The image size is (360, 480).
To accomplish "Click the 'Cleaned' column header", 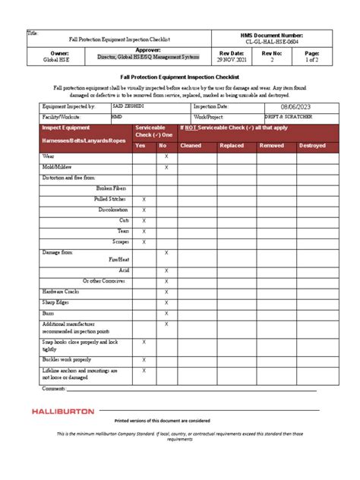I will coord(191,145).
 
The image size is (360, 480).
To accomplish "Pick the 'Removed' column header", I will coord(272,145).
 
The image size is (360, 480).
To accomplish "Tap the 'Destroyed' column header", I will coord(311,145).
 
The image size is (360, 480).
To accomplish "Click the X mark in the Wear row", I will coord(166,156).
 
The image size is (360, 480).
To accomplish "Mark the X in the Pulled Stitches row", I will coord(144,198).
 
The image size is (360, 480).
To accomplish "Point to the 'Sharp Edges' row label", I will coord(58,302).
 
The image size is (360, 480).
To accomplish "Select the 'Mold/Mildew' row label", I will coord(58,166).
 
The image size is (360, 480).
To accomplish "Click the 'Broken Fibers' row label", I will coord(112,188).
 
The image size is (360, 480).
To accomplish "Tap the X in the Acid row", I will coord(166,270).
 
